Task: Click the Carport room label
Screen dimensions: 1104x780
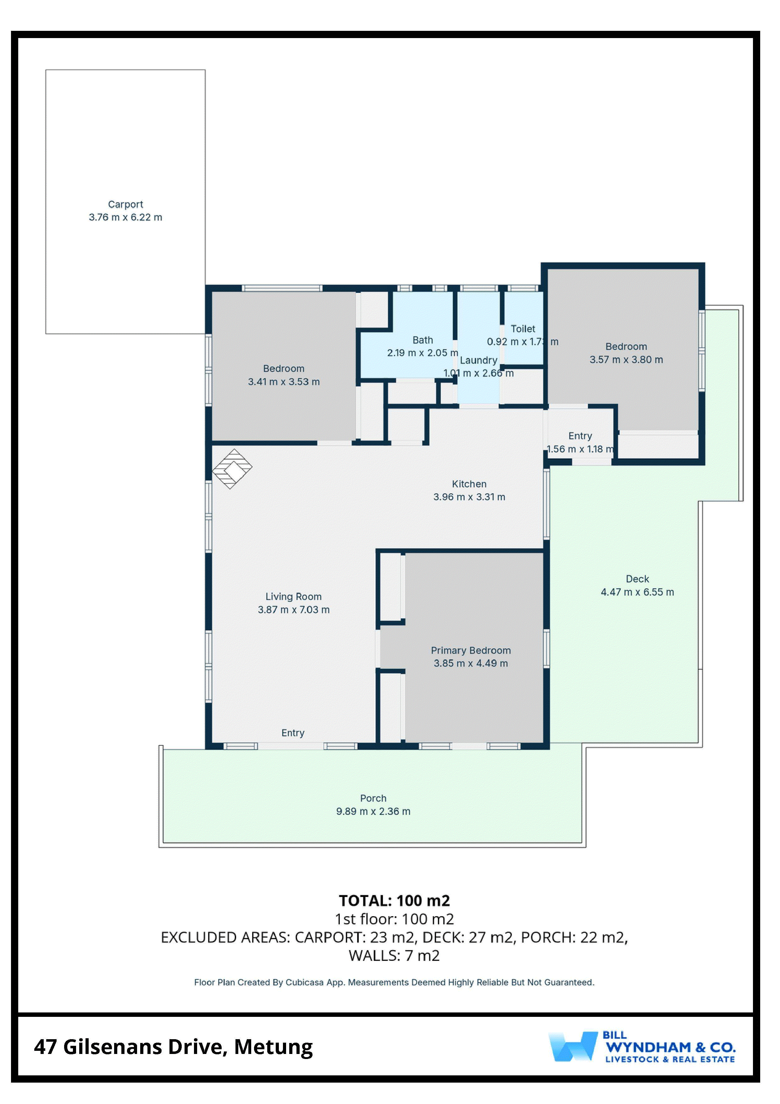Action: coord(125,205)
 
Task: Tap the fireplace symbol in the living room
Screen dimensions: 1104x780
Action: coord(232,469)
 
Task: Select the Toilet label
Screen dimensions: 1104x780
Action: coord(523,329)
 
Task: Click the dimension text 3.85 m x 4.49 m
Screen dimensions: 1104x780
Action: coord(471,664)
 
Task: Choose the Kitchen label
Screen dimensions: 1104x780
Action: coord(469,484)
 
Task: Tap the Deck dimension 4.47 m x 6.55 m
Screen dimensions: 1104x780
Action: coord(637,592)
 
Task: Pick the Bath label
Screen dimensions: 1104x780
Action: coord(423,340)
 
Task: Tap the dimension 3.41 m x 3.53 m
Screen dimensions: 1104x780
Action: coord(284,382)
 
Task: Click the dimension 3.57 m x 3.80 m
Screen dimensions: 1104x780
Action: coord(626,360)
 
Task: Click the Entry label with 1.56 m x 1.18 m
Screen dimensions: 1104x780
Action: coord(580,436)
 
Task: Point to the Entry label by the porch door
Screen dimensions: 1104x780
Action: coord(293,733)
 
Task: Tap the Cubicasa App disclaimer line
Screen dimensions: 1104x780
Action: coord(394,982)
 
